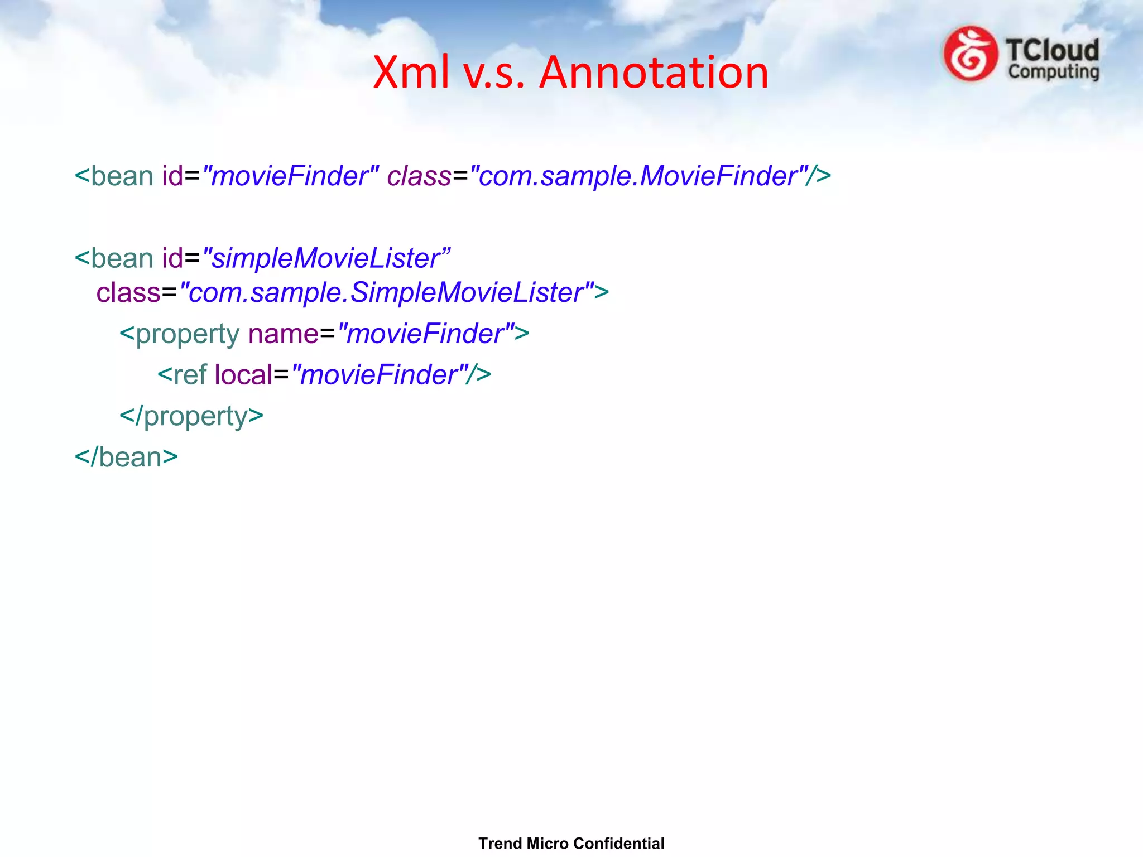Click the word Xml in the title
411,73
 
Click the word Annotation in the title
654,73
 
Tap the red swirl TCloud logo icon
970,54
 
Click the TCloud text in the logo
1053,50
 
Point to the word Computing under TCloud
1054,72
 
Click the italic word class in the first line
419,176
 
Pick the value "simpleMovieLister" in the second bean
326,258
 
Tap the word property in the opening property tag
188,334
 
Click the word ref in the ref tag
190,375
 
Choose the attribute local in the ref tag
243,375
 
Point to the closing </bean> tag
126,458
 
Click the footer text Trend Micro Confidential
571,843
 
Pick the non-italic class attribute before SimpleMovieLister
128,292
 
